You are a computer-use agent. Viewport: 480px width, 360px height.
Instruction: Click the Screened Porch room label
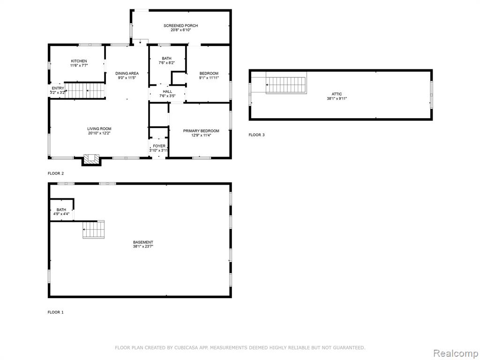tap(180, 26)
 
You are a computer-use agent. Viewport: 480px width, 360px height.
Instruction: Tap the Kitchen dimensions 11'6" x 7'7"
tap(79, 66)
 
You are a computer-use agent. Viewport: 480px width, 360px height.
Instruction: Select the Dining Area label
tap(127, 74)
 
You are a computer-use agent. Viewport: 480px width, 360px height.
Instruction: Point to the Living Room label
tap(99, 129)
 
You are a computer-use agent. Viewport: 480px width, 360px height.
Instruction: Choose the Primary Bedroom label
tap(201, 131)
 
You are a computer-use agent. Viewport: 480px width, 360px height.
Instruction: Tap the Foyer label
tap(159, 146)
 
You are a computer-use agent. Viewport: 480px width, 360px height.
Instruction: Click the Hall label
tap(167, 91)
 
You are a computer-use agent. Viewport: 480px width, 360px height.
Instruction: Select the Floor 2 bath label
tap(167, 59)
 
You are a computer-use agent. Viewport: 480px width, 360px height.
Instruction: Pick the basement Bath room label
tap(61, 210)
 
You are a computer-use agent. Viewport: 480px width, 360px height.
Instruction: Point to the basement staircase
tap(93, 229)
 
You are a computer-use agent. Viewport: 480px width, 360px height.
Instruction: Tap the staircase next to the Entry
tap(84, 90)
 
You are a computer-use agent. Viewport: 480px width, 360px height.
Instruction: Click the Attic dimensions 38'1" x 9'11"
tap(337, 98)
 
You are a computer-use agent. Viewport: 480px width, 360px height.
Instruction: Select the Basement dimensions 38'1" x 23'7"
tap(143, 246)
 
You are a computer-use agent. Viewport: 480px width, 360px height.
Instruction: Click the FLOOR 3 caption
tap(256, 135)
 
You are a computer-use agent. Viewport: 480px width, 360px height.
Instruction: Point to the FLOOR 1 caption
tap(56, 312)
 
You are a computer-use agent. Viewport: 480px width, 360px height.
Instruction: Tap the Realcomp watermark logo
tap(456, 353)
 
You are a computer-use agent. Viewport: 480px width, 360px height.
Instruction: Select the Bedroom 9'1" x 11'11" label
tap(209, 75)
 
